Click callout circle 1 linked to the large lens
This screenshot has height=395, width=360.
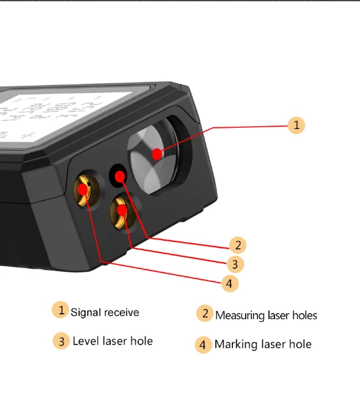(x=296, y=125)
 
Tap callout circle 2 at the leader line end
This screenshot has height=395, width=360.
(x=238, y=245)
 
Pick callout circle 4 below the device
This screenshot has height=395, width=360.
(x=229, y=283)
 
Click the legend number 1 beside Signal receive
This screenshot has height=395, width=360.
(x=60, y=310)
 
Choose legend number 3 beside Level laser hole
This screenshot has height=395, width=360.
(x=61, y=341)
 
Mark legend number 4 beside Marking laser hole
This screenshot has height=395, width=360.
(x=203, y=344)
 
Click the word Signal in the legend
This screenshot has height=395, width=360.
(x=86, y=312)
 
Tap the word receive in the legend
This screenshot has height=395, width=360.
(x=122, y=312)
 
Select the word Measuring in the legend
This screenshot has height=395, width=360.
(x=240, y=315)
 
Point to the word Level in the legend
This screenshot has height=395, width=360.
(x=86, y=341)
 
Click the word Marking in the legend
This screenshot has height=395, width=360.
(x=236, y=344)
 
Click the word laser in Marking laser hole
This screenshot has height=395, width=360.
(x=274, y=344)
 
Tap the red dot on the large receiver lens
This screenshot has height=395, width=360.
(x=157, y=154)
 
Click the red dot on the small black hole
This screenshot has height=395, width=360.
(x=120, y=176)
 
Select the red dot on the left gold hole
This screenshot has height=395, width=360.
(x=82, y=189)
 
